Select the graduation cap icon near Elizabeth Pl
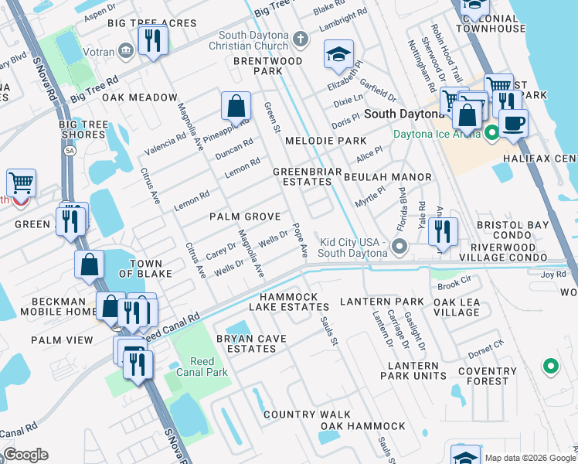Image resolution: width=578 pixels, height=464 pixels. (x=338, y=55)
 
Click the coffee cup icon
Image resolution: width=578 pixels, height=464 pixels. (x=512, y=121)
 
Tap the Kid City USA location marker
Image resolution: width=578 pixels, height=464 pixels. (x=399, y=247)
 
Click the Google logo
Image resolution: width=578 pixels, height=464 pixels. (x=25, y=455)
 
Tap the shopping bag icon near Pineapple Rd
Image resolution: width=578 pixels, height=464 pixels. (x=236, y=105)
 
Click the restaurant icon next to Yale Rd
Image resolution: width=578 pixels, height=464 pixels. (x=443, y=230)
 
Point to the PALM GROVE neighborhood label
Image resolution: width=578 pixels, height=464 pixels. (x=245, y=217)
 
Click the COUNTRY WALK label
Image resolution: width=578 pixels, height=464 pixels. (x=307, y=415)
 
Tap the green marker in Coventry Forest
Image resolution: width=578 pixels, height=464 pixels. (x=550, y=366)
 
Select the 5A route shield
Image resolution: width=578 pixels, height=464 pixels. (x=71, y=151)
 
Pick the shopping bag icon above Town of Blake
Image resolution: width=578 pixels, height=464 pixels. (x=90, y=264)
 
